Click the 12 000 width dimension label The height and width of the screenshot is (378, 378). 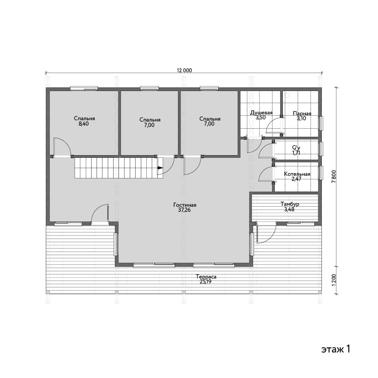185,70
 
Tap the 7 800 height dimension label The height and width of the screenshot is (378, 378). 334,177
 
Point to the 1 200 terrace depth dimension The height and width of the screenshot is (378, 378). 334,280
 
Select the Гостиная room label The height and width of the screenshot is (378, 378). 185,205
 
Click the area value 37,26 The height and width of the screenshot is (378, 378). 185,210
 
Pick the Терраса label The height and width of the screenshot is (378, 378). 206,277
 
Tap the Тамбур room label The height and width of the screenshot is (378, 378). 290,204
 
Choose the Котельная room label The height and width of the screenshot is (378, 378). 297,174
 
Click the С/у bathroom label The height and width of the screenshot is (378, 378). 296,148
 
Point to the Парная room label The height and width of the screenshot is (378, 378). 302,113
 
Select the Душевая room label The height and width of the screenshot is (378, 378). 261,113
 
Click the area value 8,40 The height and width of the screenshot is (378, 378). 84,124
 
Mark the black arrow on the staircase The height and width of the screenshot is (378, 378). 160,168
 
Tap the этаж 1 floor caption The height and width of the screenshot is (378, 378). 335,349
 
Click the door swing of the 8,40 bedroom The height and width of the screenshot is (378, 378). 62,147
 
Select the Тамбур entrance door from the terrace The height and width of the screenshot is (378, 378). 266,233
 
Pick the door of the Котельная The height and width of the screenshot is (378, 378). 266,174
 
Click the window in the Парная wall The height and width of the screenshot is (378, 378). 321,123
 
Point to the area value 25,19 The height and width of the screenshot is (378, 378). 206,282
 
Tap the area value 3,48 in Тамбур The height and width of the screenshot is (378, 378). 289,209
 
